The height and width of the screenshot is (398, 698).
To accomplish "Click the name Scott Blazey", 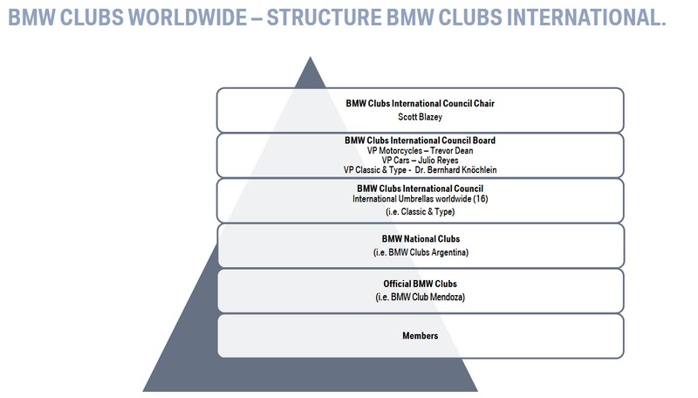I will click(420, 115).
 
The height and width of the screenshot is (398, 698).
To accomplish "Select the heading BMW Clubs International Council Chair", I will click(420, 104).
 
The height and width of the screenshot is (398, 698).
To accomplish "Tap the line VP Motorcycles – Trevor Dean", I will click(420, 150).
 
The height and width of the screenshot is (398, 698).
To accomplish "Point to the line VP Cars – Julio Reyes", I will click(420, 160).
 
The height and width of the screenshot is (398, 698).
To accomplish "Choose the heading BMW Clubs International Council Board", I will click(420, 140).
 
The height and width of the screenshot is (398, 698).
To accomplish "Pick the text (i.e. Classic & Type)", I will click(420, 211).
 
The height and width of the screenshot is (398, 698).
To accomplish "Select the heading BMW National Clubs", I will click(420, 238).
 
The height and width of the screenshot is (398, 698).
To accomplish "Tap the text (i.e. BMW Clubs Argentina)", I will click(420, 252).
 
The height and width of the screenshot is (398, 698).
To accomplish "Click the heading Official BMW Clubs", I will click(420, 284).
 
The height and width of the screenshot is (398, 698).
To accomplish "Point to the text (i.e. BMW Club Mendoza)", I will click(420, 298).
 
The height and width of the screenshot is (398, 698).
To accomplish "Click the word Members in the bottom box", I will click(420, 335).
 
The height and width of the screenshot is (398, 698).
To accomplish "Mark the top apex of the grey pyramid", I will click(308, 58).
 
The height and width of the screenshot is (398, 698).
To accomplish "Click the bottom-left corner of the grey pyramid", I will click(144, 389).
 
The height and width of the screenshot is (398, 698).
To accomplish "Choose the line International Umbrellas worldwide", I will click(408, 198).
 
